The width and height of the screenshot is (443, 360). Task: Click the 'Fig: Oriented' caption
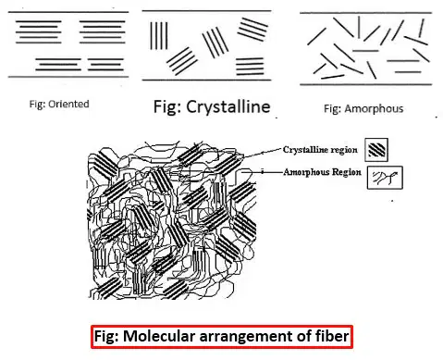[x=59, y=104]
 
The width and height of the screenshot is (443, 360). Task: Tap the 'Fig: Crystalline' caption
[x=212, y=107]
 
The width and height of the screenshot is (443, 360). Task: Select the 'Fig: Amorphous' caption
[x=363, y=108]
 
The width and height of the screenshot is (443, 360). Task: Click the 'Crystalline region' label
[x=320, y=150]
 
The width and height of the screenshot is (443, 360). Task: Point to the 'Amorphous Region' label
[x=322, y=172]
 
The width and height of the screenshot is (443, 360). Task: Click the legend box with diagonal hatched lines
[x=376, y=150]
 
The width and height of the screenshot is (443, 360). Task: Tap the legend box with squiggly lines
[x=385, y=178]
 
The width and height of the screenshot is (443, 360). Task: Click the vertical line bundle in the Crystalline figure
[x=159, y=35]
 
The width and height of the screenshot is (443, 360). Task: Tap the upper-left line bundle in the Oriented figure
[x=39, y=32]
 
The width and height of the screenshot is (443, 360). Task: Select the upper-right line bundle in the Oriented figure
[x=103, y=32]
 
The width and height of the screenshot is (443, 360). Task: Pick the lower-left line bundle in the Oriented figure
[x=58, y=65]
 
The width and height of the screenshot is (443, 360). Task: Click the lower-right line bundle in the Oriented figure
[x=105, y=65]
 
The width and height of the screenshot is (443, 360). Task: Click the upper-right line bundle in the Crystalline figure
[x=252, y=30]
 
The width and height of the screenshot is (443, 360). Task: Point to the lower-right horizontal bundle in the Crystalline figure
[x=250, y=67]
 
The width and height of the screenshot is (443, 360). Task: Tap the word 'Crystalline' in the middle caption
[x=228, y=107]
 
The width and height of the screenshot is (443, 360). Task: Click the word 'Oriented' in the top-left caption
[x=68, y=104]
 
